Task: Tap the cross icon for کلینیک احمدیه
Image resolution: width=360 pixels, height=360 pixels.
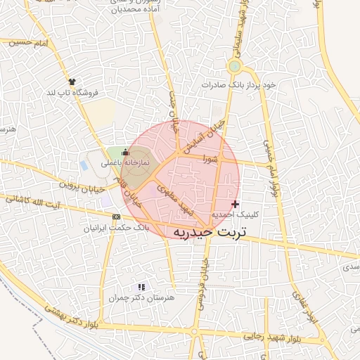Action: [x=235, y=204]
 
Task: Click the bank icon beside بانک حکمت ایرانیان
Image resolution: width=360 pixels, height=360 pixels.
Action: [x=116, y=217]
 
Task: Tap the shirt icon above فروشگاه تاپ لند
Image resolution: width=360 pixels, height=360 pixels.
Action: [x=72, y=82]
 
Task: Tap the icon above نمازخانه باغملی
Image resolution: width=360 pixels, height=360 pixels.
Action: [x=126, y=152]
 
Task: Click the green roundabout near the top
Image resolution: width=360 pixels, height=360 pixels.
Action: [x=235, y=67]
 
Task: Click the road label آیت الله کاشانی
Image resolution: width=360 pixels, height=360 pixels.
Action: [x=52, y=202]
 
